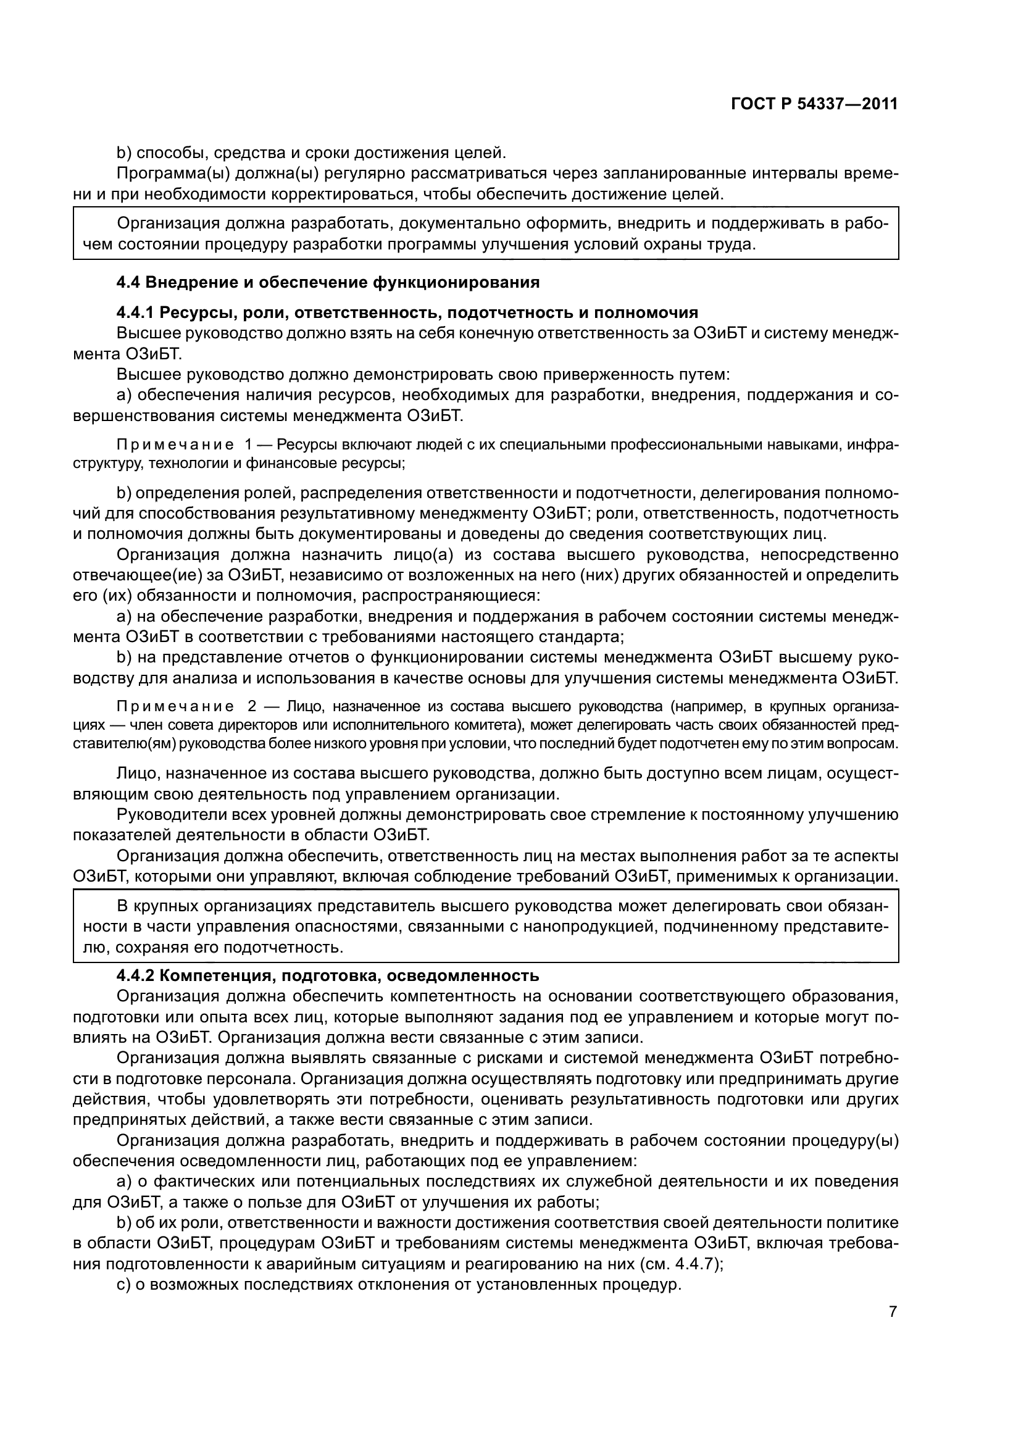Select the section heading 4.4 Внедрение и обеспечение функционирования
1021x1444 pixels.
pyautogui.click(x=328, y=282)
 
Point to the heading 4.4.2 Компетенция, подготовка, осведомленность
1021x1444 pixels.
pyautogui.click(x=328, y=975)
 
